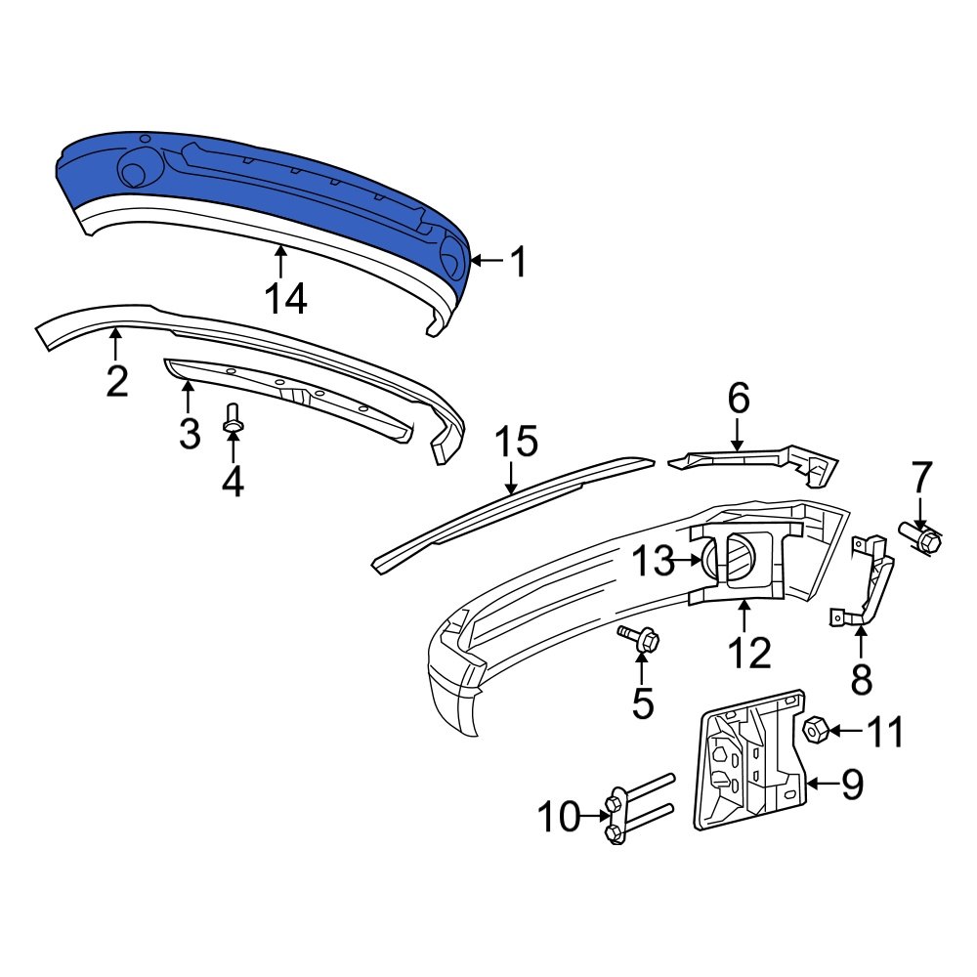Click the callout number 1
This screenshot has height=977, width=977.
518,262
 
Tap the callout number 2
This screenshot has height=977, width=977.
117,380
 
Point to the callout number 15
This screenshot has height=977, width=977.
515,443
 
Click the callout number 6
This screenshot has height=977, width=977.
738,399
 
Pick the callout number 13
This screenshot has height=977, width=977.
653,561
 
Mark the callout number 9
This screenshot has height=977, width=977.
853,785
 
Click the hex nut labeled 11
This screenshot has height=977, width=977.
815,729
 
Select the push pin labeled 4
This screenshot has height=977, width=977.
233,420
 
